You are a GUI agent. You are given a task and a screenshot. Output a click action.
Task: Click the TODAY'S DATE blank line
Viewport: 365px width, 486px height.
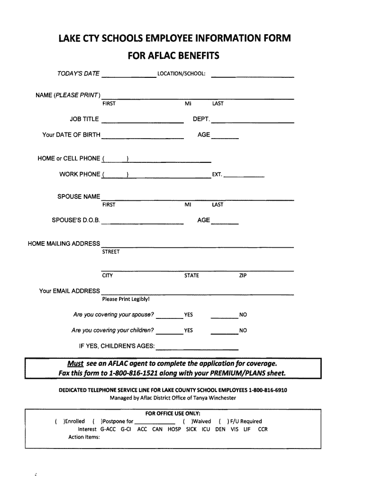click(129, 76)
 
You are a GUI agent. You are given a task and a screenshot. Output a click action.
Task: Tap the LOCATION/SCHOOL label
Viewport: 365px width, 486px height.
click(181, 74)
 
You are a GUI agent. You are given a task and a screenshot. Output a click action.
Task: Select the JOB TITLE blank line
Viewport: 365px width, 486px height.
click(143, 122)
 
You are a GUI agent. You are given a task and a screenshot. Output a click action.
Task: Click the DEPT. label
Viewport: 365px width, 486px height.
click(201, 119)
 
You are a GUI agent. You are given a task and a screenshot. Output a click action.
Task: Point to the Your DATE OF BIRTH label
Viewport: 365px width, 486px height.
click(71, 135)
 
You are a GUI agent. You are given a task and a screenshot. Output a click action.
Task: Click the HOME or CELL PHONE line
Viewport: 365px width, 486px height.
click(156, 161)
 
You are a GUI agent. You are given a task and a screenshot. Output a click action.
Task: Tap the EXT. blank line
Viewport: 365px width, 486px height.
click(244, 177)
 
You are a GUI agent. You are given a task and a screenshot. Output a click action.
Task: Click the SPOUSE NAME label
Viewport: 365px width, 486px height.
click(79, 196)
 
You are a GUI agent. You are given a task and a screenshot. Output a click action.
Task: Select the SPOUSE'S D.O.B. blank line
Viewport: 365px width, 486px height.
click(143, 223)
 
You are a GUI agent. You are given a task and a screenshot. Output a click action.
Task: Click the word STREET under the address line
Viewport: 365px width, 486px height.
click(111, 252)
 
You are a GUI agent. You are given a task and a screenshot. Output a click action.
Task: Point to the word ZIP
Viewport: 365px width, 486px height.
click(243, 276)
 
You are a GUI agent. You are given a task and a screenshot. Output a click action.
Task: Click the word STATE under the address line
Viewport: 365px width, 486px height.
click(192, 276)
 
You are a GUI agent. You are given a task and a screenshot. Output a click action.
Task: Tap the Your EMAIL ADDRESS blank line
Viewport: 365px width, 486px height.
click(198, 293)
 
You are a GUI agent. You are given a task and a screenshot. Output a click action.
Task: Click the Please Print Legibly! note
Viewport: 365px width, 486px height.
click(126, 299)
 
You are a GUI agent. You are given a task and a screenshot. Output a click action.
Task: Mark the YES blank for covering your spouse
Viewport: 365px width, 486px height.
click(169, 317)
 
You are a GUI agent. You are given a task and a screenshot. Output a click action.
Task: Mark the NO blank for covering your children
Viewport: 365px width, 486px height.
click(224, 333)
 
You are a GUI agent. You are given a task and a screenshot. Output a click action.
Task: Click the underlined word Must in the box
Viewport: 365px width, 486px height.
click(75, 364)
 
